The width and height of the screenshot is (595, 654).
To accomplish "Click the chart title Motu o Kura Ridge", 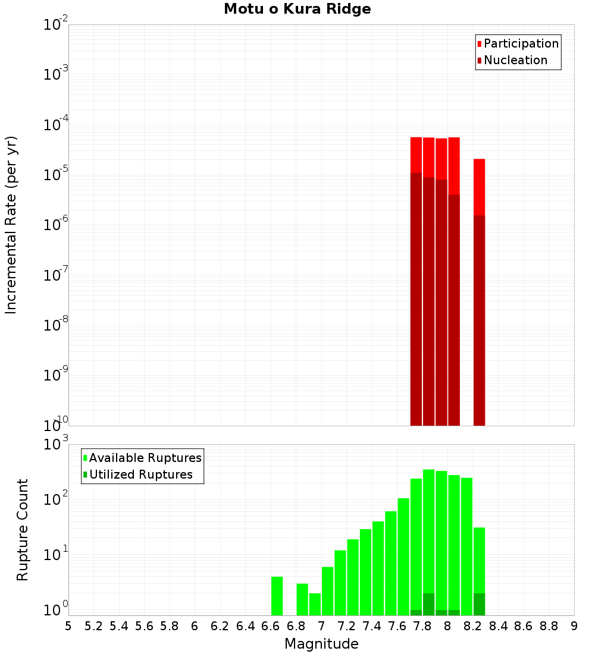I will coord(297,10).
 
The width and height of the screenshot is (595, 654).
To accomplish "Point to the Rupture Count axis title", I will coord(23,530).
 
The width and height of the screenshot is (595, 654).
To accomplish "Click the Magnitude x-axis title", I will coord(321,644).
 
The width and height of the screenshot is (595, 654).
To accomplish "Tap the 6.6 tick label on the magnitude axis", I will coord(271,626).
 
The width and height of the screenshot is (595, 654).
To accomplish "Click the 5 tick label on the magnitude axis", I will coord(68,626).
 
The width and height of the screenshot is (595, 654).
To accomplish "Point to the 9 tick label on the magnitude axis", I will coord(574,626).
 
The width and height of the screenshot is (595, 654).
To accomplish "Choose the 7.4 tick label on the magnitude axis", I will coord(372,626).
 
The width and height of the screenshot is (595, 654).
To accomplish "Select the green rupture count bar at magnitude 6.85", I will coord(302,599).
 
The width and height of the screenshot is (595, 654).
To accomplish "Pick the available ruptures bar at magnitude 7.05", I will coord(327,591).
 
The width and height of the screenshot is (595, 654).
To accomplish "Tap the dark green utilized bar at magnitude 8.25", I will coord(480,604).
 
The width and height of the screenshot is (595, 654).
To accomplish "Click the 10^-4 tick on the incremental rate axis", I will coord(57,125).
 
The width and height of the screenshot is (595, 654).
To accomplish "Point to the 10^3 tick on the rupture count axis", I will coord(57,444).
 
